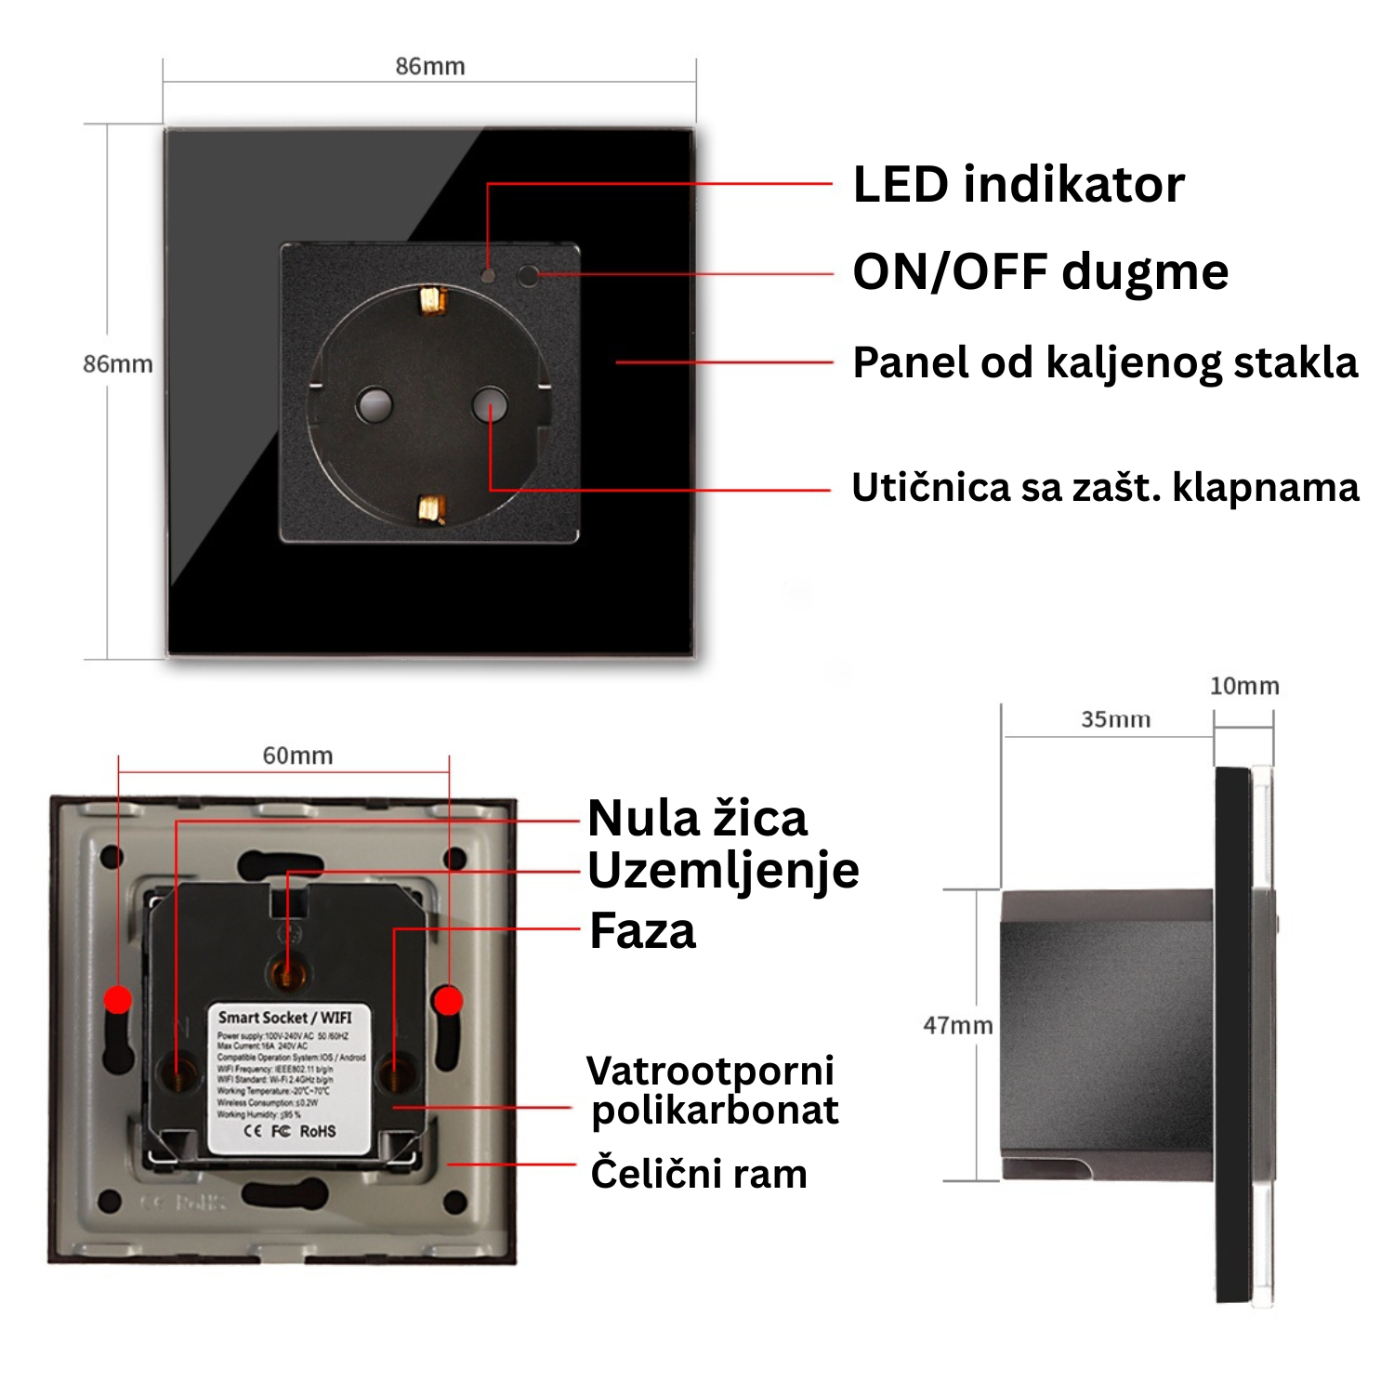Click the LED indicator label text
(x=1019, y=185)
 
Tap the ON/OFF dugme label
(x=1040, y=272)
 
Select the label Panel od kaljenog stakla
(x=1105, y=362)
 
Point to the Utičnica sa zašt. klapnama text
(x=1105, y=488)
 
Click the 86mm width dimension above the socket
(x=430, y=67)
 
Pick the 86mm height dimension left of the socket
(x=118, y=364)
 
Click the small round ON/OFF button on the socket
(x=527, y=275)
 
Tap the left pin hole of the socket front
(x=374, y=404)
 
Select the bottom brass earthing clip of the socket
(x=431, y=508)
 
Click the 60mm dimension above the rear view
(x=297, y=756)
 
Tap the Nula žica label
(x=697, y=819)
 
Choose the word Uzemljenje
(x=723, y=872)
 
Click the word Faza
(x=642, y=931)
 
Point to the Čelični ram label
(x=698, y=1174)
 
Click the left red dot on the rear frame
(x=118, y=999)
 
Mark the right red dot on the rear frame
(x=449, y=1001)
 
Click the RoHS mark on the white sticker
(x=318, y=1131)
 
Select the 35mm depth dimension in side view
(x=1115, y=720)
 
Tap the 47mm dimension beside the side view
(x=957, y=1026)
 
